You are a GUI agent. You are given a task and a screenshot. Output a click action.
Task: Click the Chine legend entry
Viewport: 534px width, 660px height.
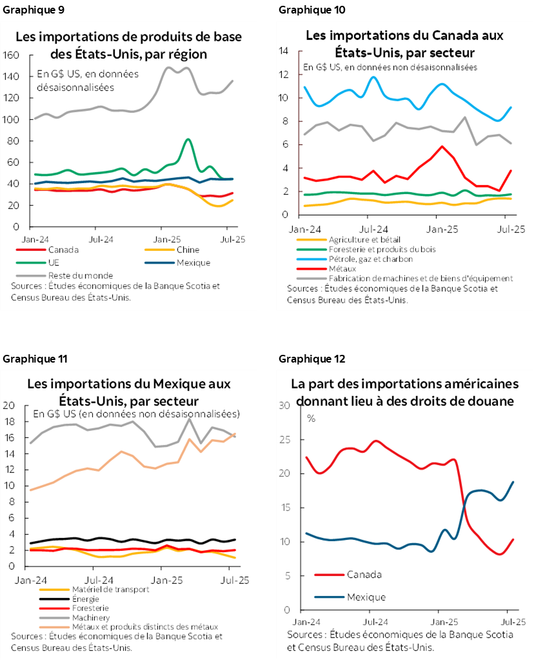pyautogui.click(x=187, y=250)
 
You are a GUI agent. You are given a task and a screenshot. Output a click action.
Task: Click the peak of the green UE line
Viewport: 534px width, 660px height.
pyautogui.click(x=188, y=139)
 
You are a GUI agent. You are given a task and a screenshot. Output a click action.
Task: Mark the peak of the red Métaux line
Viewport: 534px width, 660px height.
pyautogui.click(x=442, y=146)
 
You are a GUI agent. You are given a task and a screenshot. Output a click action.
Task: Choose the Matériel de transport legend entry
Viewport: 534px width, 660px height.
pyautogui.click(x=94, y=589)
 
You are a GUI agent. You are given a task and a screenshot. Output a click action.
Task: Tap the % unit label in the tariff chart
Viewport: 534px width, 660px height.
pyautogui.click(x=311, y=418)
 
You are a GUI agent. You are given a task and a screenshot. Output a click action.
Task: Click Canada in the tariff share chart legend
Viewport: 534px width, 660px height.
pyautogui.click(x=364, y=574)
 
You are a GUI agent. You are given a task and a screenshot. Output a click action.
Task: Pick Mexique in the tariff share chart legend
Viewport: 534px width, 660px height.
pyautogui.click(x=366, y=597)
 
